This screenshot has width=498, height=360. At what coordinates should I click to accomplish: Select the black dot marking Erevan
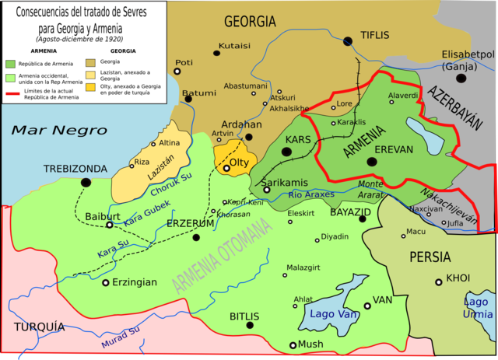[372, 162]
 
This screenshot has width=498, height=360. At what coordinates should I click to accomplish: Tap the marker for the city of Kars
[287, 153]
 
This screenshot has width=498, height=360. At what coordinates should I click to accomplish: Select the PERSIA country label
[430, 257]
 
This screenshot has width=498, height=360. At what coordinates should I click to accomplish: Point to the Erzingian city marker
[106, 282]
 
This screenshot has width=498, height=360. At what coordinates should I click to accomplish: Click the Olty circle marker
[226, 167]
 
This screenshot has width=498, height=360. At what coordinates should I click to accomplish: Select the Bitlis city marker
[250, 324]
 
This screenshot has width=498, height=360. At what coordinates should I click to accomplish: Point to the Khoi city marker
[439, 281]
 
